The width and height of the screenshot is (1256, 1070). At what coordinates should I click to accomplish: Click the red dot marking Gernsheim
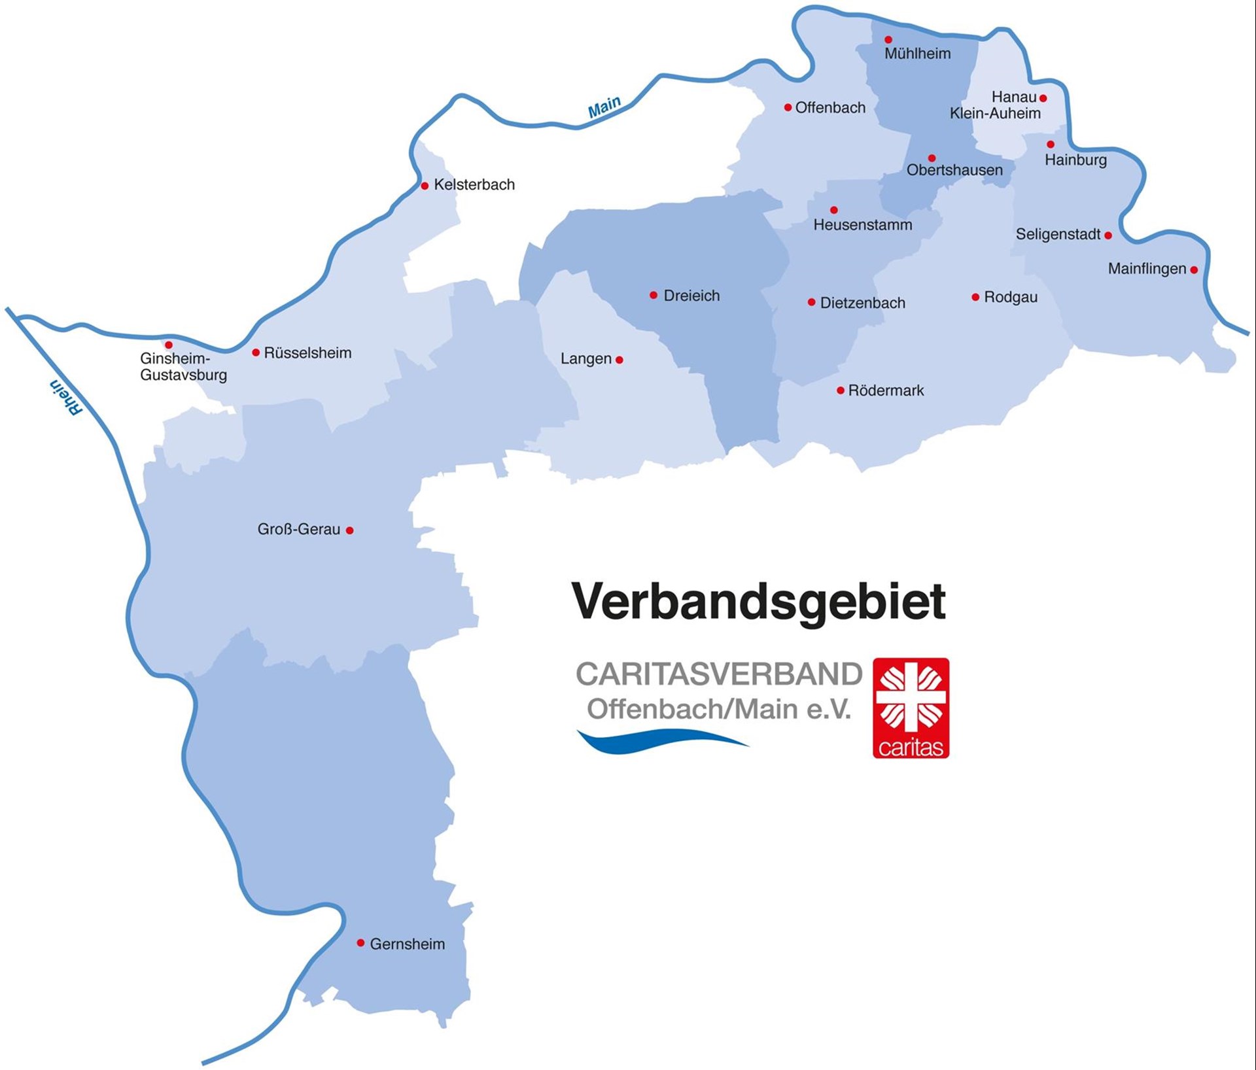click(x=360, y=942)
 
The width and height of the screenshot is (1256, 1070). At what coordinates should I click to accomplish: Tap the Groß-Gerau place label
click(x=298, y=529)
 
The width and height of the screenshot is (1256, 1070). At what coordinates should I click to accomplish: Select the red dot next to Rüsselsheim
click(x=256, y=353)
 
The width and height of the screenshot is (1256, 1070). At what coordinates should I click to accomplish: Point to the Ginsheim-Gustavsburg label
click(x=183, y=367)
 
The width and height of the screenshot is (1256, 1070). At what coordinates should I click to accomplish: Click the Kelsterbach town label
click(x=474, y=185)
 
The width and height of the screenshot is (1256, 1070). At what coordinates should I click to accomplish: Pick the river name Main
click(x=604, y=107)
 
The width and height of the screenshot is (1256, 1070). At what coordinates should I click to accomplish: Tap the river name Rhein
click(x=67, y=397)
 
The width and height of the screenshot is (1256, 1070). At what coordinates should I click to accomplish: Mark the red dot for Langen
click(x=619, y=359)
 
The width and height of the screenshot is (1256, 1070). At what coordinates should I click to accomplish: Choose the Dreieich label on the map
click(x=691, y=296)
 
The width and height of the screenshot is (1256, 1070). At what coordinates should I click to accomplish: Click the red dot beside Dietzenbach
click(x=811, y=302)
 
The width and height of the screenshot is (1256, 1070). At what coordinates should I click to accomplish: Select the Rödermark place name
click(x=886, y=390)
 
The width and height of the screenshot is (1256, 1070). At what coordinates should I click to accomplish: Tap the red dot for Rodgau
click(x=975, y=297)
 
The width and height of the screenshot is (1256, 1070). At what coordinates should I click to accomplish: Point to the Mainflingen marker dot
click(x=1194, y=269)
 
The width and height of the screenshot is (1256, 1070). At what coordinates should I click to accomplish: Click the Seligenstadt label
click(x=1058, y=234)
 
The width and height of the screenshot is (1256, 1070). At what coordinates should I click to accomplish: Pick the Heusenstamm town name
click(x=862, y=225)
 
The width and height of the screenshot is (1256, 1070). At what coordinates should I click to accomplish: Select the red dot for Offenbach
click(x=788, y=107)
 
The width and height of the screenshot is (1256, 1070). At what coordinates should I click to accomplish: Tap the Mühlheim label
click(x=917, y=54)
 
